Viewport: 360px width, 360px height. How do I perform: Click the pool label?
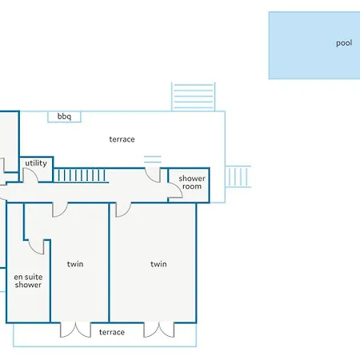344,43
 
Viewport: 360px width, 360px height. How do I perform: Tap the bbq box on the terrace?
64,117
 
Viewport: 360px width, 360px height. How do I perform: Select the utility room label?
36,163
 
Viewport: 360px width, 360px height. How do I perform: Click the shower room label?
192,182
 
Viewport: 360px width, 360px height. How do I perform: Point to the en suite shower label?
28,281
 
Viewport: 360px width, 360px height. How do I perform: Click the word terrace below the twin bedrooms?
112,332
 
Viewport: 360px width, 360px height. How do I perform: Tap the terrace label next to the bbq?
122,139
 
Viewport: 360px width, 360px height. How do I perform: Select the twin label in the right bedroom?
158,264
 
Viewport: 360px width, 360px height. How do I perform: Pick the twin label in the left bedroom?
75,264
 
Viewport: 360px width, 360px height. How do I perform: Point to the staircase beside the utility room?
80,175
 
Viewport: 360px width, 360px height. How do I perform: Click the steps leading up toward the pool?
194,96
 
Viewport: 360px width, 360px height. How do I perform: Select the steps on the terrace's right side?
238,177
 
